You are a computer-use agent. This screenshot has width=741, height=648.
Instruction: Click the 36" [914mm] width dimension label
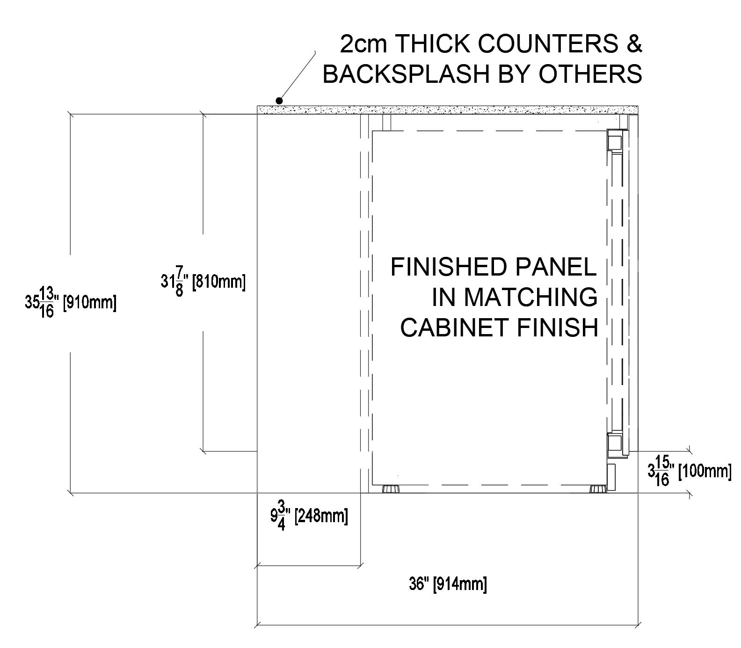point(448,584)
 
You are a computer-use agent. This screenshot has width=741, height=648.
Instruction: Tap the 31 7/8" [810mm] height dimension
point(203,282)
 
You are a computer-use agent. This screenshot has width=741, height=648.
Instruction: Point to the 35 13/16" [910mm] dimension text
point(70,303)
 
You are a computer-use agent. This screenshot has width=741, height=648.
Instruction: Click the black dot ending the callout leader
point(279,100)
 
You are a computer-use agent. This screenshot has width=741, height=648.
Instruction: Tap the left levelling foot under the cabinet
point(390,489)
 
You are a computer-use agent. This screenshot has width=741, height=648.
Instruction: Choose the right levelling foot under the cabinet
point(598,489)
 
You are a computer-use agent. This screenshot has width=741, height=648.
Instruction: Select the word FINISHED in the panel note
point(449,267)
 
